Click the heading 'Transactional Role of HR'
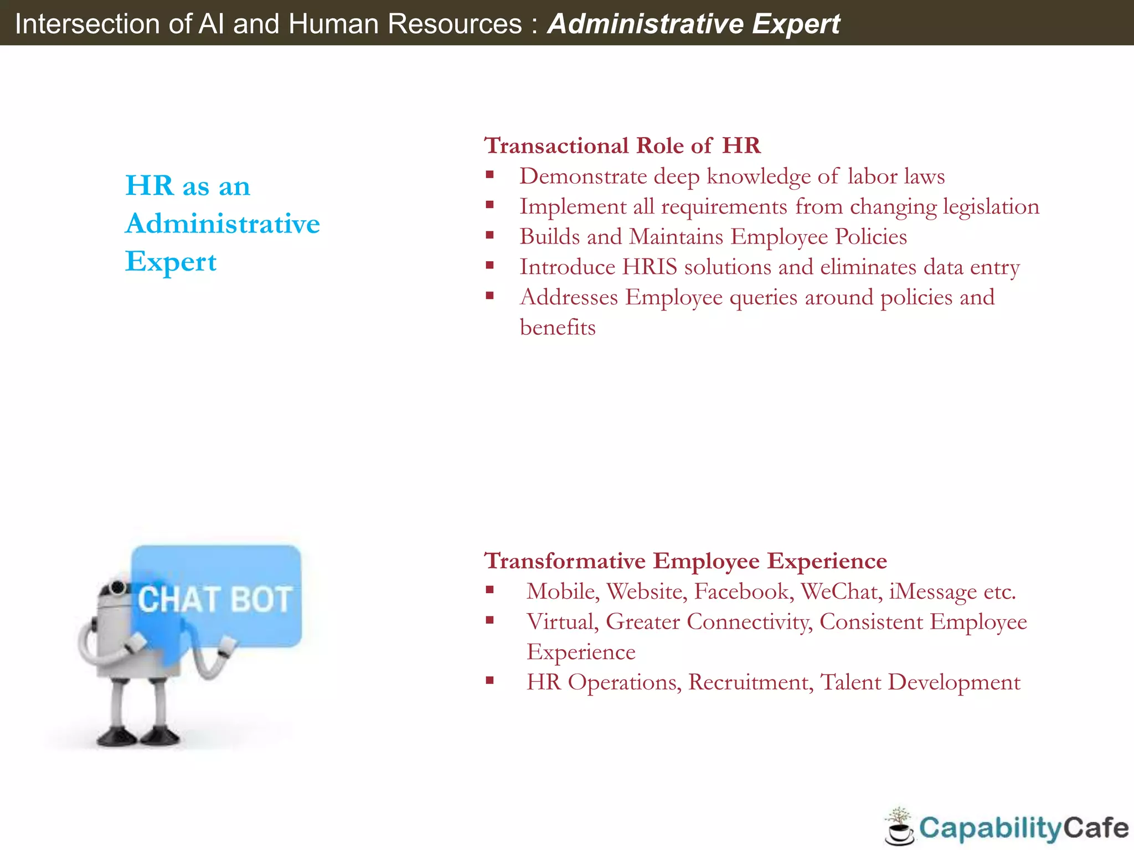click(x=622, y=146)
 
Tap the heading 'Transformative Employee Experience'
click(x=685, y=561)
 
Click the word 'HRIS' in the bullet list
click(x=650, y=267)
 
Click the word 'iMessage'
click(x=933, y=592)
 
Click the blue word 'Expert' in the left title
click(x=171, y=262)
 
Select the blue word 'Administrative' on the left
click(x=223, y=224)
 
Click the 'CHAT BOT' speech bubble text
click(x=215, y=599)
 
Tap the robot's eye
click(x=117, y=587)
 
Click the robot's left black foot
click(x=116, y=737)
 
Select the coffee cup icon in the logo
click(x=900, y=831)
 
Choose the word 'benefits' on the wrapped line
click(x=558, y=327)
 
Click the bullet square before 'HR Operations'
click(x=489, y=681)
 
